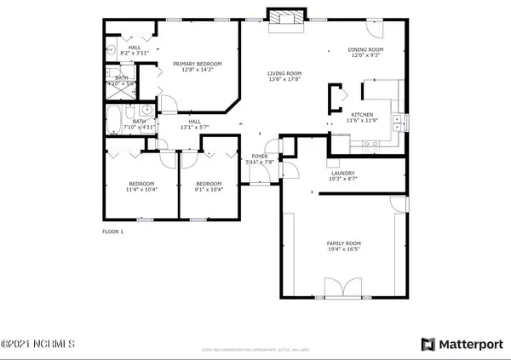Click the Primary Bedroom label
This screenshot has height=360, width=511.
(198, 64)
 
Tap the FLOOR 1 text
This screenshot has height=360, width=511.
(113, 231)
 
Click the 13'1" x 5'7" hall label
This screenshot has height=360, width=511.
(194, 127)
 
